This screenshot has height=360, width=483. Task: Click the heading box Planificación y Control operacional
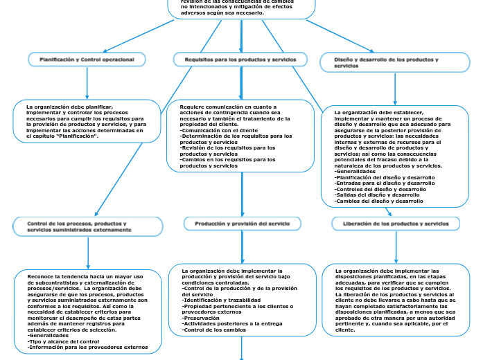coord(87,60)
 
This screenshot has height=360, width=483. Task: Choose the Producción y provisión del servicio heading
coord(243,224)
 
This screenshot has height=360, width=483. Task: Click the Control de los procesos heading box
coord(87,226)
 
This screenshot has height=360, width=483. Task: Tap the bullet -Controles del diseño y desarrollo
coord(380,189)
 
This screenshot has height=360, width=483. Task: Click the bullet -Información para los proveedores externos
coord(87,347)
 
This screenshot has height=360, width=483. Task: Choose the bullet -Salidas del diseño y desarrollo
coord(378,195)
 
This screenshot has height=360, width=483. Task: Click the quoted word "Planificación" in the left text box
coord(76,136)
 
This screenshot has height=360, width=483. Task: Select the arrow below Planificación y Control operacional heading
coord(87,84)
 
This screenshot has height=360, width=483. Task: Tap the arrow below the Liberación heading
coord(396,246)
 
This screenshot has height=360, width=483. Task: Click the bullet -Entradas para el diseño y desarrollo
coord(380,183)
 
